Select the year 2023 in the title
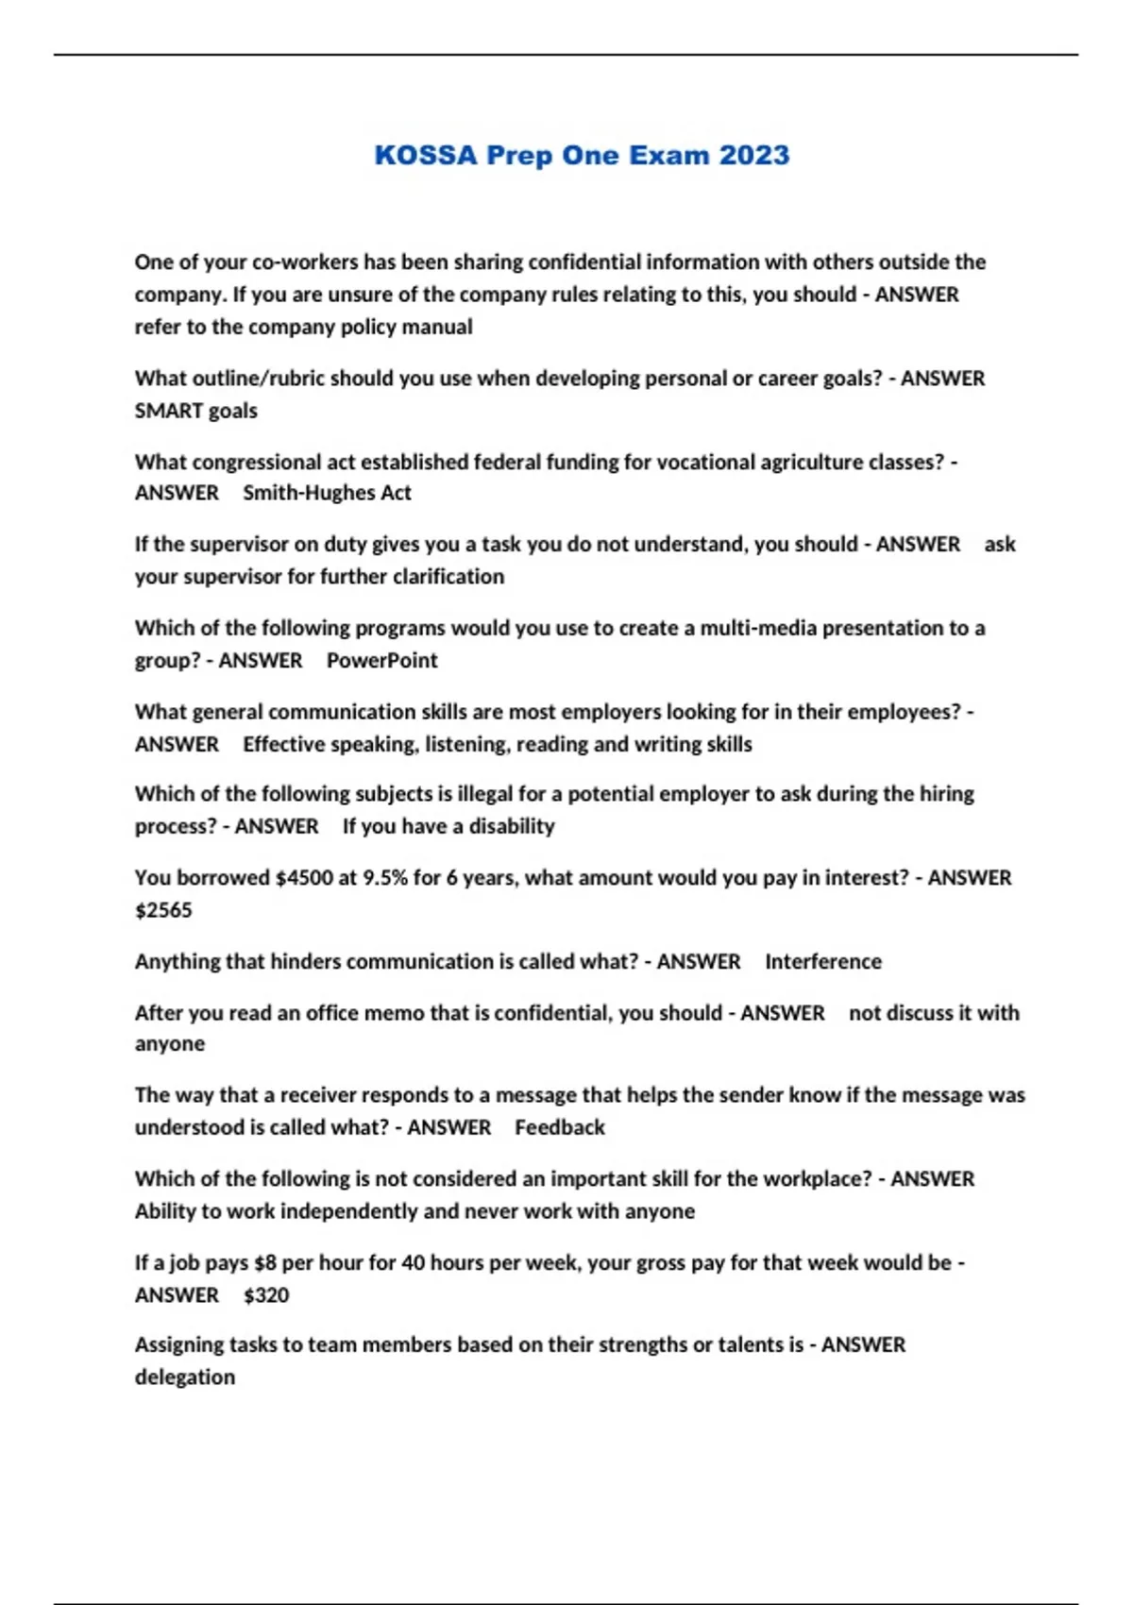pos(753,155)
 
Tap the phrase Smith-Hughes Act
pos(327,493)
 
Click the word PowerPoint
pos(381,660)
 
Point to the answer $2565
pos(163,910)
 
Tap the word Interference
pos(822,961)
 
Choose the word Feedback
pos(559,1127)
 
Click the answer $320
pos(266,1295)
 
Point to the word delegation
pos(185,1377)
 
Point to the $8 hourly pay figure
pos(265,1263)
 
